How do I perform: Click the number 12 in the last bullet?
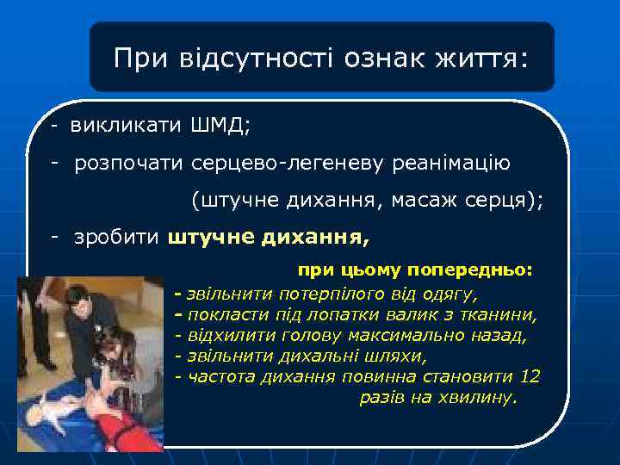(x=530, y=375)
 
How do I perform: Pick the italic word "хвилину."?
(x=478, y=397)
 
